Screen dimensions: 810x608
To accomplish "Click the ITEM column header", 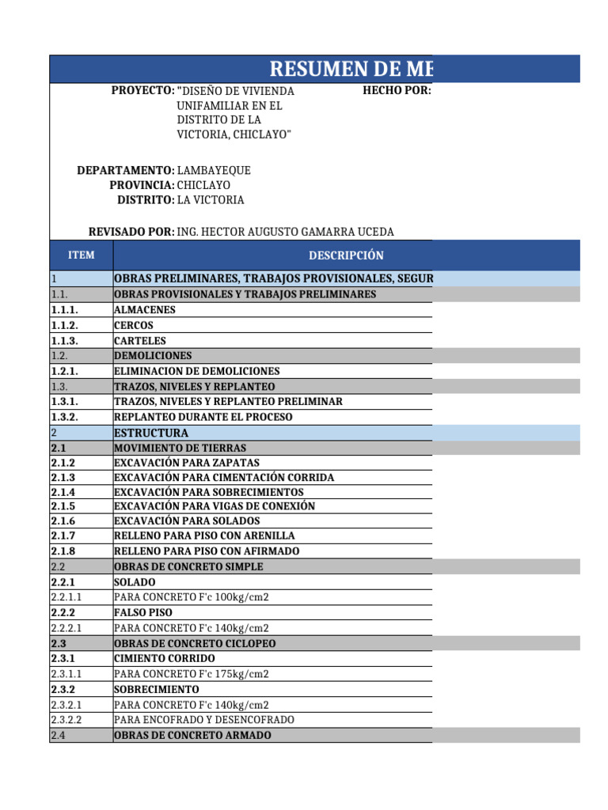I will pyautogui.click(x=81, y=255).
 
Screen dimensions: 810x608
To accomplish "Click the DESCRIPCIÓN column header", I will pyautogui.click(x=346, y=255).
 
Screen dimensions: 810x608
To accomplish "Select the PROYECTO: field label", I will pyautogui.click(x=142, y=91).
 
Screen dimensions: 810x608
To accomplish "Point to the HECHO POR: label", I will pyautogui.click(x=397, y=91).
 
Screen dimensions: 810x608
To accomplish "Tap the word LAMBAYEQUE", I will pyautogui.click(x=214, y=170).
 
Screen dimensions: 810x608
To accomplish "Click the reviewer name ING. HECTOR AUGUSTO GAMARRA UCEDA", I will pyautogui.click(x=285, y=231).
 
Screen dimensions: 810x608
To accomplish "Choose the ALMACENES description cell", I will pyautogui.click(x=145, y=310).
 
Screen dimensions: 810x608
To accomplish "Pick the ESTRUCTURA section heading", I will pyautogui.click(x=151, y=433).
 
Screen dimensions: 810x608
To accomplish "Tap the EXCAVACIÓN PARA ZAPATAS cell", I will pyautogui.click(x=187, y=463).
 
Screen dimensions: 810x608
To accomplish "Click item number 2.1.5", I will pyautogui.click(x=63, y=506).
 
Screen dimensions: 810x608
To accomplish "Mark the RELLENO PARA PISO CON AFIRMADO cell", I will pyautogui.click(x=207, y=551).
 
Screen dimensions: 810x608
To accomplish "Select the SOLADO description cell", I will pyautogui.click(x=135, y=582).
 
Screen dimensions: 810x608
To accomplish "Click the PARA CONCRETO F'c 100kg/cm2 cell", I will pyautogui.click(x=192, y=597).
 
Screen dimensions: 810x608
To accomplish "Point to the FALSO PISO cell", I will pyautogui.click(x=143, y=612).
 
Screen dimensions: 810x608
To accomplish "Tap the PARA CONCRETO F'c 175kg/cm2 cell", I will pyautogui.click(x=192, y=674).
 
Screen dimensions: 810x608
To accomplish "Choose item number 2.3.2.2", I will pyautogui.click(x=66, y=720).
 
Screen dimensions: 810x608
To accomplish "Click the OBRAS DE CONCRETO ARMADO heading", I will pyautogui.click(x=192, y=736).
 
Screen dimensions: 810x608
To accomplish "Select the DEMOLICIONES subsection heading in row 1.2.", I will pyautogui.click(x=153, y=356).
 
